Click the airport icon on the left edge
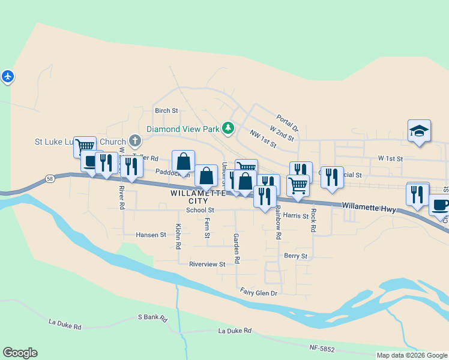coord(7,77)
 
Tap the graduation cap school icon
coord(419,131)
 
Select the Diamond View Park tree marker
coord(228,128)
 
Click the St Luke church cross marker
coord(135,142)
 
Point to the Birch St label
coord(166,110)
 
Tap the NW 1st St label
coord(264,140)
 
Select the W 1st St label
coord(390,158)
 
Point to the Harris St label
coord(295,215)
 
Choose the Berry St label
coord(295,256)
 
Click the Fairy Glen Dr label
coord(259,292)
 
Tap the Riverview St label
coord(206,264)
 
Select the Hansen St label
coord(151,235)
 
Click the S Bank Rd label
coord(152,317)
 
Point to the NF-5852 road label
coord(322,348)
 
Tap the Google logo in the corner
coord(20,353)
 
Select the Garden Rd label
coord(237,249)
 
